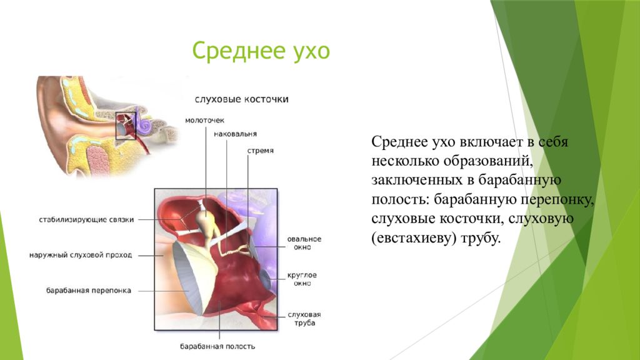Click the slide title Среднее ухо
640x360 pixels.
coord(261,51)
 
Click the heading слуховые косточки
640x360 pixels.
coord(242,99)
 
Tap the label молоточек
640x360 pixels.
coord(204,121)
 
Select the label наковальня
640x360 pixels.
coord(236,134)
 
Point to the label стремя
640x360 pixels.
coord(261,151)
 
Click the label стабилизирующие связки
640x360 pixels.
coord(86,219)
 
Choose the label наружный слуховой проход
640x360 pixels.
coord(81,255)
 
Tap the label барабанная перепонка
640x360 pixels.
coord(89,291)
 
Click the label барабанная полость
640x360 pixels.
coord(217,346)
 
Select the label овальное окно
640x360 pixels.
coord(304,243)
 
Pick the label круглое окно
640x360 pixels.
coord(302,279)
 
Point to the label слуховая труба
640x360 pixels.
coord(304,318)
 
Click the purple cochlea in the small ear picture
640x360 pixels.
coord(143,122)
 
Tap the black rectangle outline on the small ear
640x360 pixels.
coord(116,126)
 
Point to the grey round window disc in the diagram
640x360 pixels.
coord(265,279)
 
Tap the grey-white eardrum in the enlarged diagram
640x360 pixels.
coord(187,277)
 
